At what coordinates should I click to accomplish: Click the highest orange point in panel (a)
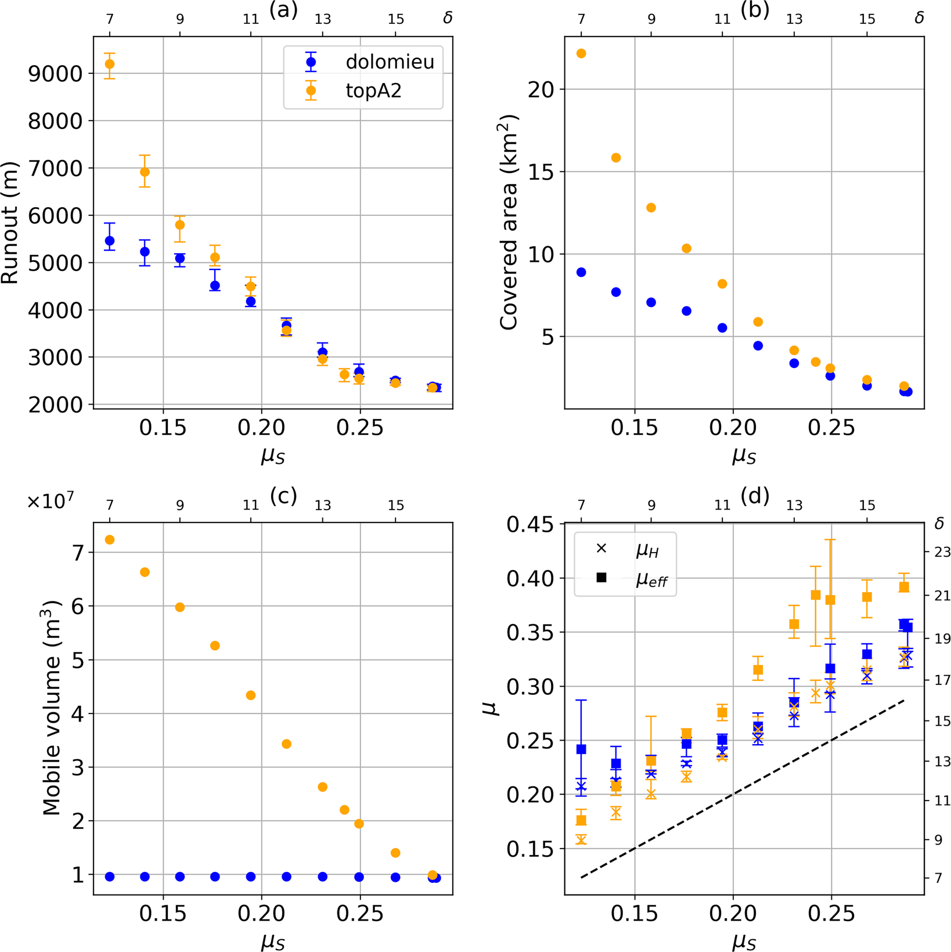[x=109, y=64]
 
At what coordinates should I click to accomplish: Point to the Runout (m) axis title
[x=10, y=223]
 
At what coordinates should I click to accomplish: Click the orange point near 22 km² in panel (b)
[x=581, y=53]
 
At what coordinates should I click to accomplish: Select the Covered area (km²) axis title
[x=508, y=223]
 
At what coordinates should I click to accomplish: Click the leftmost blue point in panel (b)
[x=581, y=272]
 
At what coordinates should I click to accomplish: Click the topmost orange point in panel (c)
[x=109, y=540]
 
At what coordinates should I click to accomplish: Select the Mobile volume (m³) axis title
[x=52, y=708]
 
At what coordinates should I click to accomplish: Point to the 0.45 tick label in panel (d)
[x=529, y=525]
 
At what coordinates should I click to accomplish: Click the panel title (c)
[x=283, y=495]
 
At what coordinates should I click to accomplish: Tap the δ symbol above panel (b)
[x=919, y=18]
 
